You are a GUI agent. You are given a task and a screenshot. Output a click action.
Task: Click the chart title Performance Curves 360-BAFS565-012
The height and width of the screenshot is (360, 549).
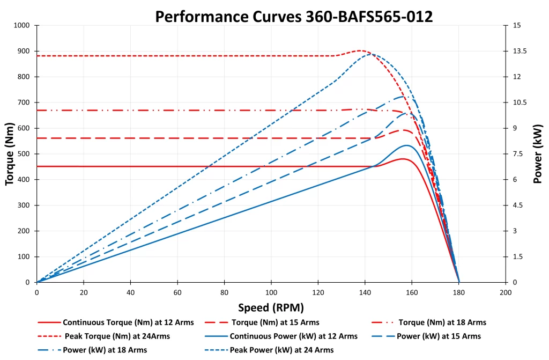coord(294,16)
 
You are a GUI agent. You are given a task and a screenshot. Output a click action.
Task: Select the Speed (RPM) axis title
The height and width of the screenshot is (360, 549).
coord(271,307)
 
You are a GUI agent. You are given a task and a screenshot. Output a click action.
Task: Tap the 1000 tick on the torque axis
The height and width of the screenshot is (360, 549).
coord(22,25)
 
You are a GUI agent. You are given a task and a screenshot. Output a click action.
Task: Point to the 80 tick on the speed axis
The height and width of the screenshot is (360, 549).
coord(224,293)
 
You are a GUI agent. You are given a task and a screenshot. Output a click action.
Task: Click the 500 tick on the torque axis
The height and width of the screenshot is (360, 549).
coord(25,154)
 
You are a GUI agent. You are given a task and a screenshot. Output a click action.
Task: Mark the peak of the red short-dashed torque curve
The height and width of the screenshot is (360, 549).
coord(361,50)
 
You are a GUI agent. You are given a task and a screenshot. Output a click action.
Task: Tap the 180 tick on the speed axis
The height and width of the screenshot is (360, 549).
coord(459,293)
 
